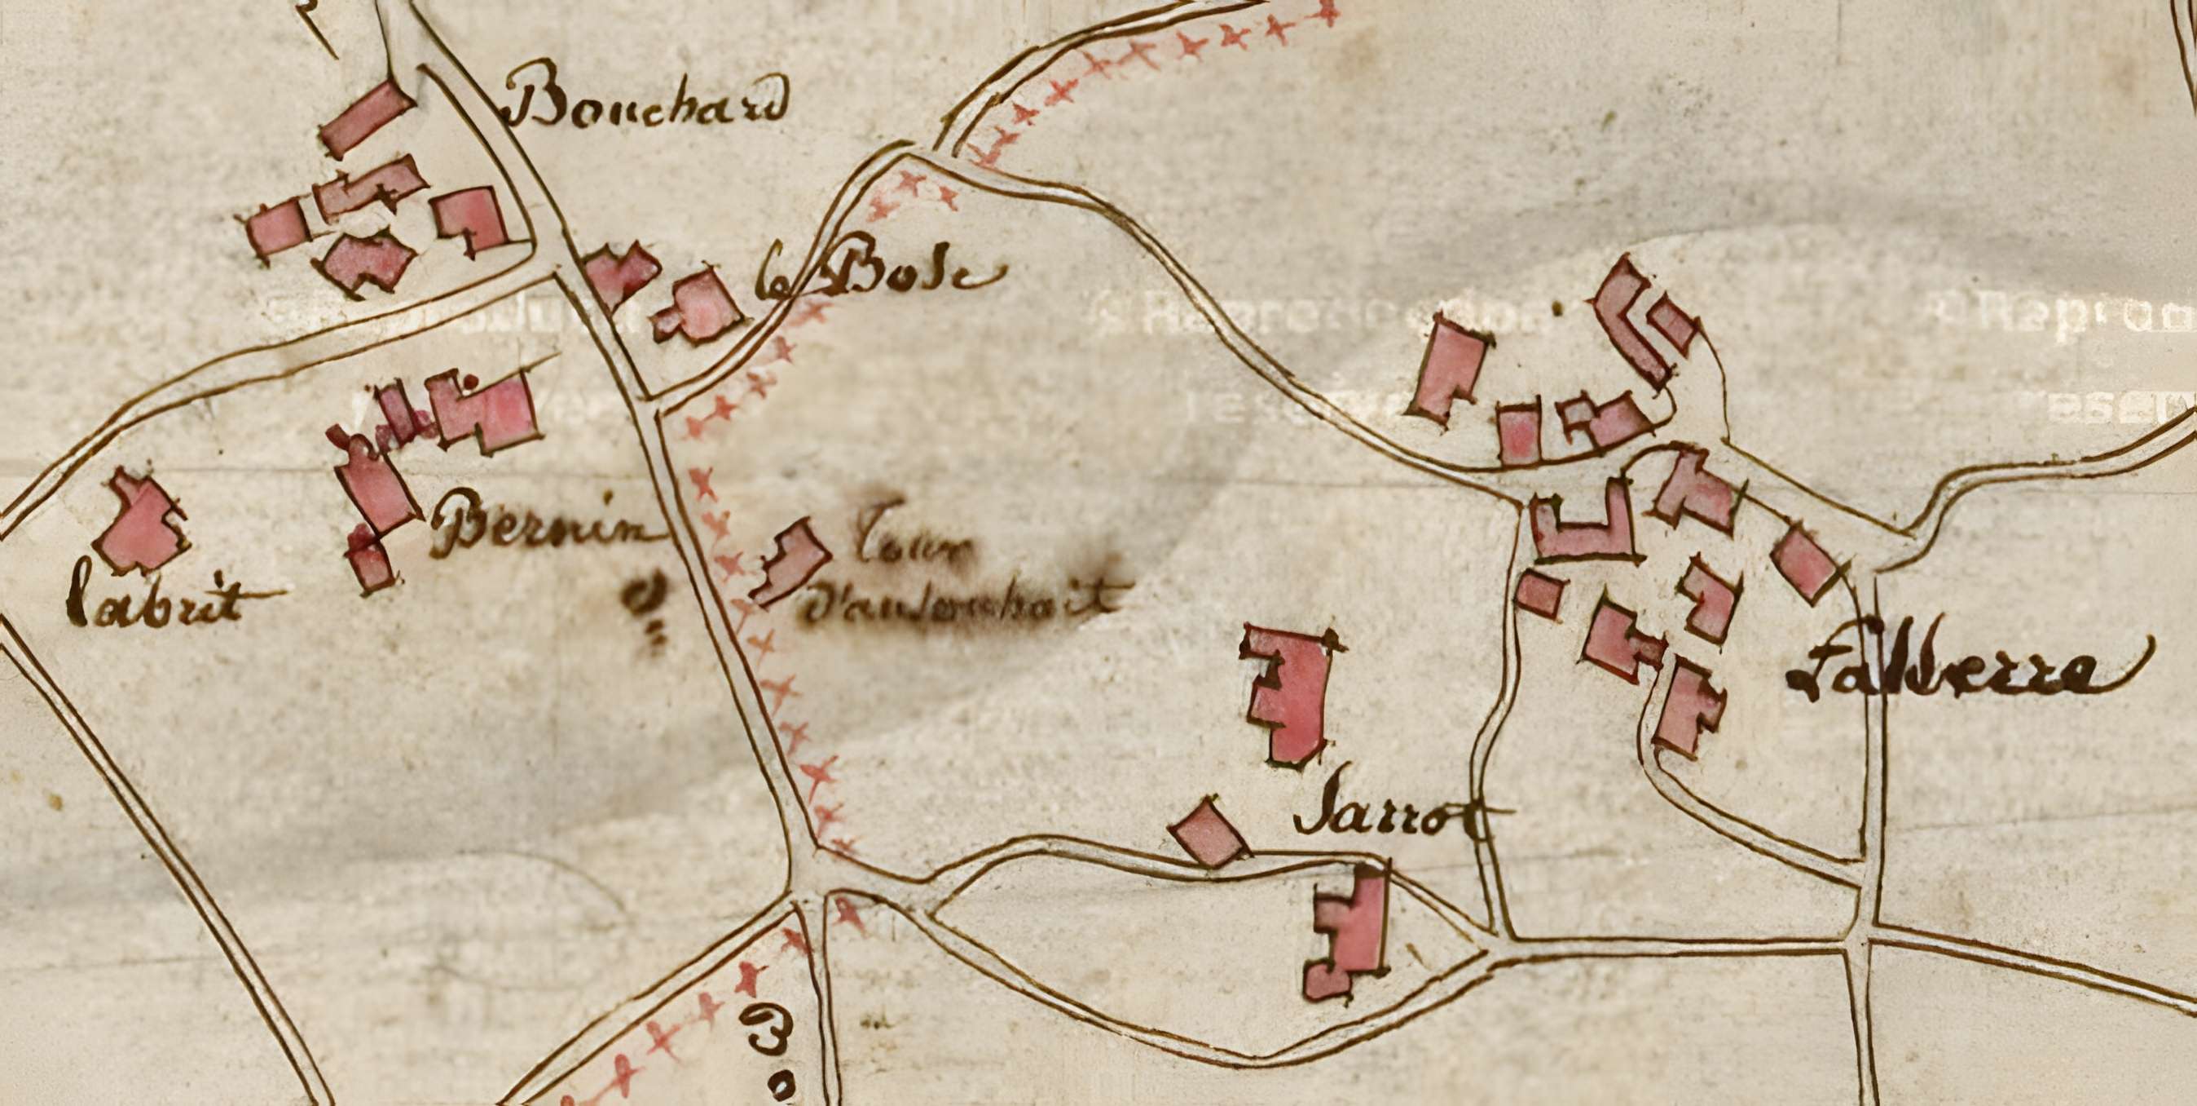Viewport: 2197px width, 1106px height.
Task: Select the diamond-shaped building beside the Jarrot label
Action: pos(1207,833)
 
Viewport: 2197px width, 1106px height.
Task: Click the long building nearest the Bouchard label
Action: pos(367,119)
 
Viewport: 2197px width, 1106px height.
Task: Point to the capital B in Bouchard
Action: pos(537,103)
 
